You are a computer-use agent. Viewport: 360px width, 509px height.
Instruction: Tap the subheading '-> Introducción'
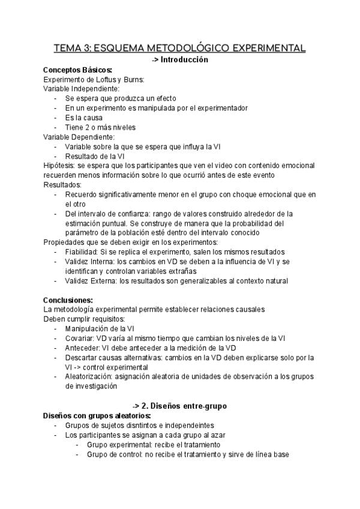pyautogui.click(x=180, y=59)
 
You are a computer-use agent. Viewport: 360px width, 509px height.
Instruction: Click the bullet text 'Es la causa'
pyautogui.click(x=84, y=118)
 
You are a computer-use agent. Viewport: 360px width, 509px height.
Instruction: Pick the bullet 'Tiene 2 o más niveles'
pyautogui.click(x=100, y=127)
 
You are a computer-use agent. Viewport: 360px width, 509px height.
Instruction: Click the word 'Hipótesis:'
pyautogui.click(x=60, y=166)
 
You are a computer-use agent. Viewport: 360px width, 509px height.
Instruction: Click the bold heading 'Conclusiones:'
pyautogui.click(x=68, y=300)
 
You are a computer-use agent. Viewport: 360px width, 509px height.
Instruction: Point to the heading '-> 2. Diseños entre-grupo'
pyautogui.click(x=179, y=406)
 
